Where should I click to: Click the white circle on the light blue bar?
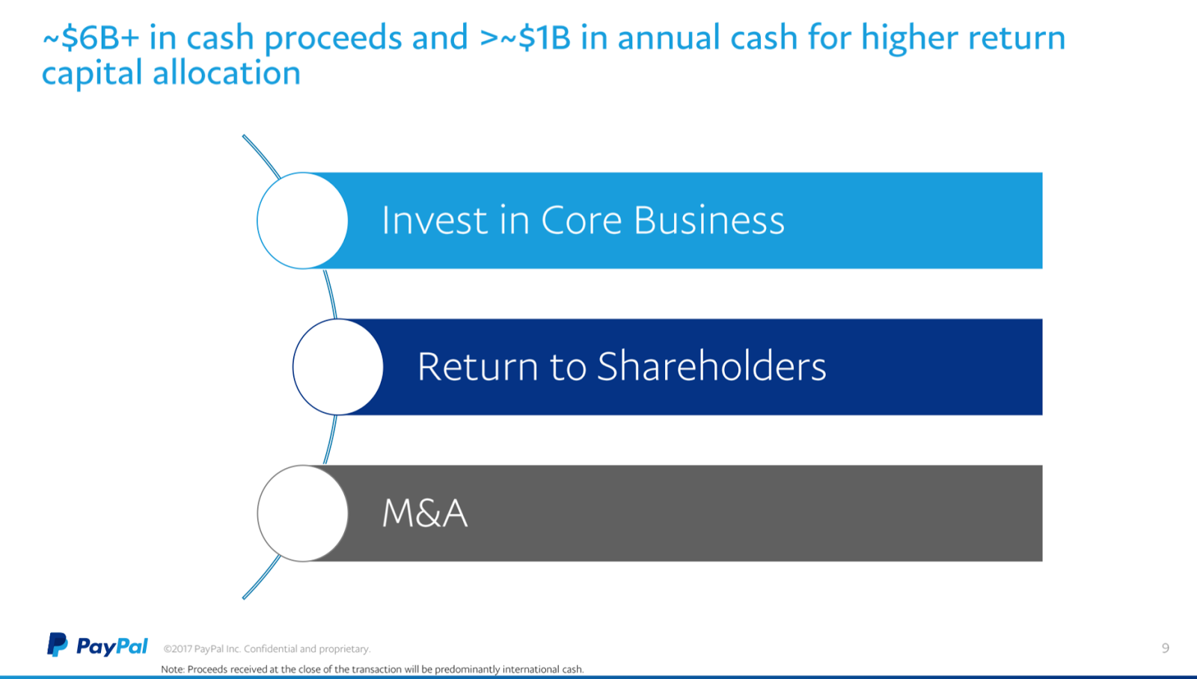302,221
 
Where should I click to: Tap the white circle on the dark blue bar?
337,367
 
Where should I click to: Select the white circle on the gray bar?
302,514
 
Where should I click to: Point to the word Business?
709,220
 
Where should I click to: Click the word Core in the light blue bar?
581,220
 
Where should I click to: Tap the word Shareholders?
711,366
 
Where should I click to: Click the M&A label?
425,514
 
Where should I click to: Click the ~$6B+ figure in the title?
91,37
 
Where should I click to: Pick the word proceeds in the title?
333,38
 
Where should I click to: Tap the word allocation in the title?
227,73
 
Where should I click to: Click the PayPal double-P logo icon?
57,645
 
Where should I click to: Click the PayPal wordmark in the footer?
112,646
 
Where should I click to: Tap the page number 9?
1166,648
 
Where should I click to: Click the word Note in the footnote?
173,669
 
